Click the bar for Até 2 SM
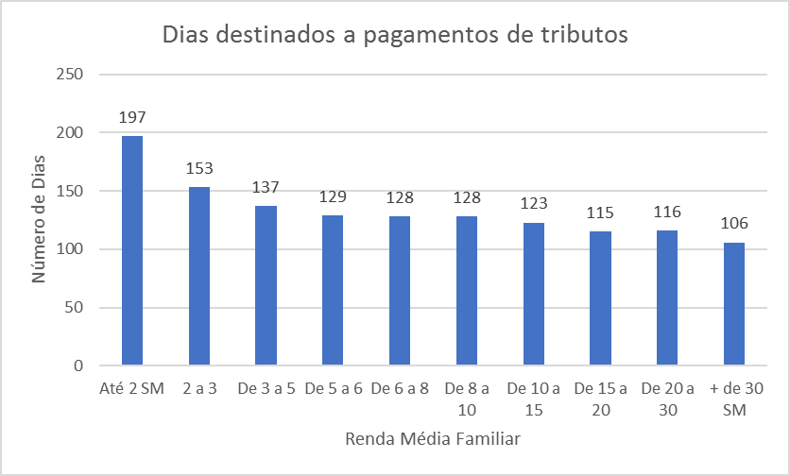(x=132, y=251)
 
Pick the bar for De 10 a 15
(x=533, y=294)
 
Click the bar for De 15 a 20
(x=600, y=298)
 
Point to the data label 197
(x=132, y=118)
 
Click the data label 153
(x=199, y=169)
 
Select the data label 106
(x=733, y=224)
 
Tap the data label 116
(x=667, y=212)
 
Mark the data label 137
(x=266, y=188)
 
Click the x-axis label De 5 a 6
(x=333, y=389)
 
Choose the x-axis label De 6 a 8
(x=400, y=389)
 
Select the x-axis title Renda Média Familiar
(x=433, y=439)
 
